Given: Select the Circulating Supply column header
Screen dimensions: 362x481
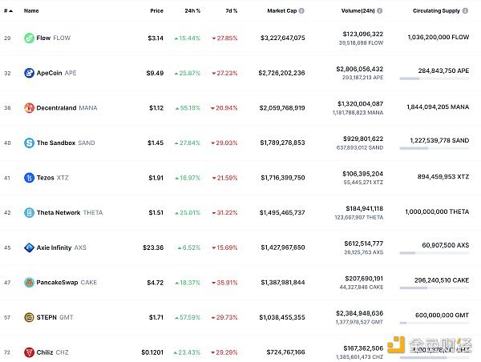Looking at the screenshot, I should [x=435, y=10].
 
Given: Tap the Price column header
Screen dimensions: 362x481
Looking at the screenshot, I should [x=156, y=10].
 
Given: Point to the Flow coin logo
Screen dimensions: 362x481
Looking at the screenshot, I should [x=29, y=38].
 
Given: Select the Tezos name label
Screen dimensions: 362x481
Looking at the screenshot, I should [x=46, y=178].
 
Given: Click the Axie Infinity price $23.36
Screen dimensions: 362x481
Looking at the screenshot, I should [x=153, y=247].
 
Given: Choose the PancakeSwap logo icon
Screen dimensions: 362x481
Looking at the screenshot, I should [x=29, y=283].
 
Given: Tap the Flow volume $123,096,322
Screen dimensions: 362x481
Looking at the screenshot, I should [x=362, y=34].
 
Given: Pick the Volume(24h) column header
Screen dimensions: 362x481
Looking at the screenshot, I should [x=350, y=10].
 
